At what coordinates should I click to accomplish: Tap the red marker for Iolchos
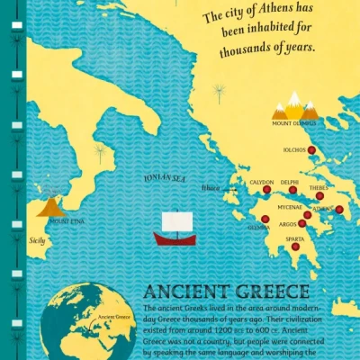point(311,150)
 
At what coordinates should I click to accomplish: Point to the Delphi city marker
point(292,190)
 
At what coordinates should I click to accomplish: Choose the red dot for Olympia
point(265,219)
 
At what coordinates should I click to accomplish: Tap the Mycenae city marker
point(307,215)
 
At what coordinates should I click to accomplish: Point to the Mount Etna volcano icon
point(50,207)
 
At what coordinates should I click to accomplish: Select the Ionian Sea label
point(165,177)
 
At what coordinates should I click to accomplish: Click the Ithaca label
point(211,188)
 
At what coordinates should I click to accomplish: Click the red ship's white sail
point(172,222)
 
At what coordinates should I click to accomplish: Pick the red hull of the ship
point(172,239)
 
